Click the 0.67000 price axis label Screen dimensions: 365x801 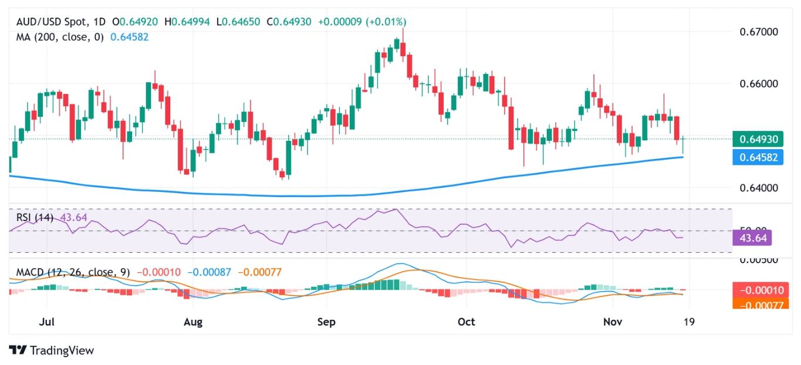(x=759, y=31)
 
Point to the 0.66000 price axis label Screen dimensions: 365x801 (x=759, y=83)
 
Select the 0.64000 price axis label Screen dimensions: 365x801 (x=759, y=188)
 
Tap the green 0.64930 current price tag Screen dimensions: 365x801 (x=759, y=139)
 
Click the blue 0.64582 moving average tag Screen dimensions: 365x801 (x=759, y=157)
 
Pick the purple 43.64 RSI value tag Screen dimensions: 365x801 (x=752, y=238)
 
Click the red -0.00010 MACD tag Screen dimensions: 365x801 (x=759, y=289)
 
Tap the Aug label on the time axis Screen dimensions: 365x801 (x=192, y=322)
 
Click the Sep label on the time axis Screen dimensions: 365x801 (x=326, y=322)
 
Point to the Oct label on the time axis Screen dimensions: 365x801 (x=466, y=322)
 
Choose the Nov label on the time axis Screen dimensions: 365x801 (x=613, y=322)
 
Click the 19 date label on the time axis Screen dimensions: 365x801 (x=688, y=322)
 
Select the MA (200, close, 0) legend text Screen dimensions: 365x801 (x=59, y=36)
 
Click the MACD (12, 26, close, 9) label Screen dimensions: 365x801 (x=73, y=272)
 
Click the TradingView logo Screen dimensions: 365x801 (x=52, y=350)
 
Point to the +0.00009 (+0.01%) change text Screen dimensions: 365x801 (x=361, y=22)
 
